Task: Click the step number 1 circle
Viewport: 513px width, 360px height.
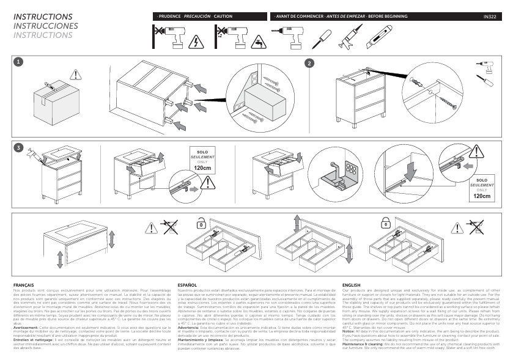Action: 19,62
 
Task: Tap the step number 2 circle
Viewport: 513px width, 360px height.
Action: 310,63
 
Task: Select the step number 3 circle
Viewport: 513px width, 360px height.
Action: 19,148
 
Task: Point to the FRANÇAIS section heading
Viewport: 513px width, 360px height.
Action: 23,285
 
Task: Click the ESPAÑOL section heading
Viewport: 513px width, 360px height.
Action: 187,285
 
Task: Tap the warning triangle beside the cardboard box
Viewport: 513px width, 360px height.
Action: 75,75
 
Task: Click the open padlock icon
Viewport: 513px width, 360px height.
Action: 200,224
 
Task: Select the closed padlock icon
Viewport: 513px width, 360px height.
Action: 386,224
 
